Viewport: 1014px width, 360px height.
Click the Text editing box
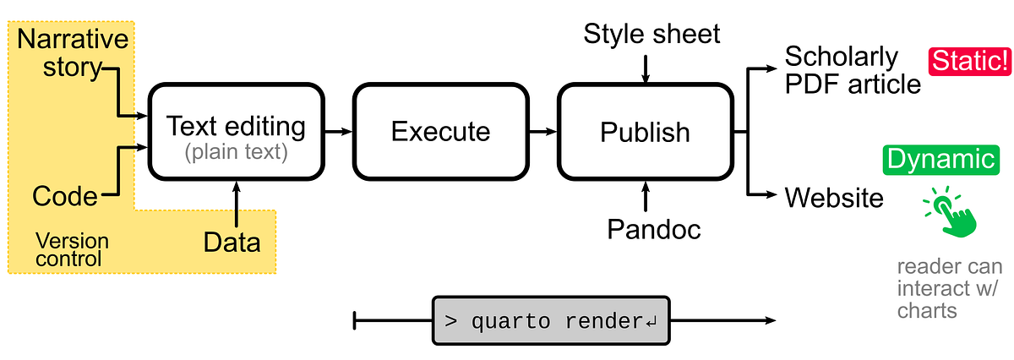235,133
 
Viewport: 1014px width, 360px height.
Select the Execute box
440,132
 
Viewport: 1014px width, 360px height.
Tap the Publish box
645,132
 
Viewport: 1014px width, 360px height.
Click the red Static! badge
969,62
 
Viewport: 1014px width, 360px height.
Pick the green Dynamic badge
939,159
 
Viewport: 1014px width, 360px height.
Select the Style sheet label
651,34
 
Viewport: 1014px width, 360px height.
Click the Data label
232,243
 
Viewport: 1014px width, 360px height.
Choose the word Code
65,197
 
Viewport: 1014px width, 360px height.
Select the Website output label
834,198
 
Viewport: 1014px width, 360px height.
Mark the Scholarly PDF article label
852,70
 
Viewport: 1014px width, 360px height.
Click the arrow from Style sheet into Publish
645,68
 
